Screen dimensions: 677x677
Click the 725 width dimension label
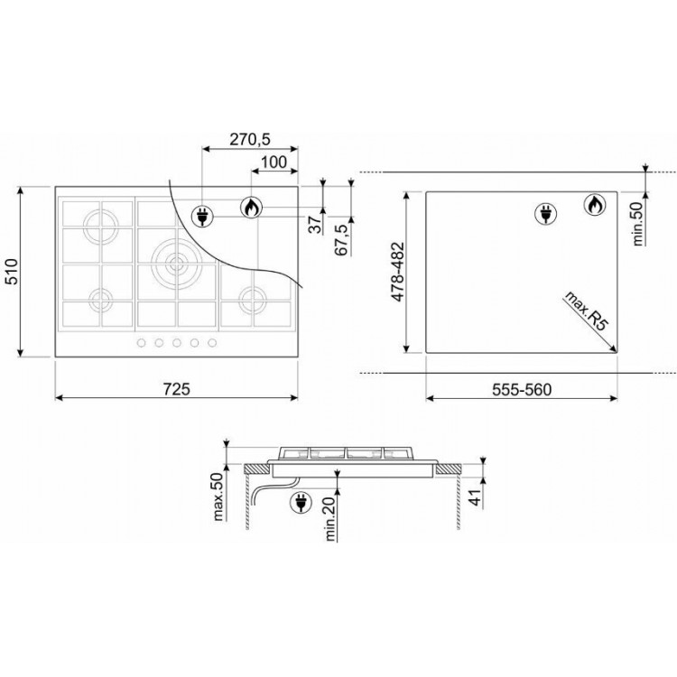tap(177, 388)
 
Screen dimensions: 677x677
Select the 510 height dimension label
tap(11, 272)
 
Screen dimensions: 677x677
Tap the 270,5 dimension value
tap(249, 139)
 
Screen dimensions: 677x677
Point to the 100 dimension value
tap(274, 162)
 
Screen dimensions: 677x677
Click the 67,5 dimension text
tap(342, 240)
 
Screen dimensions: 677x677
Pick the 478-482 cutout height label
tap(397, 272)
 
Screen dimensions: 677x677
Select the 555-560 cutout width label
tap(522, 389)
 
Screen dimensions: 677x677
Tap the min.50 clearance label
tap(637, 224)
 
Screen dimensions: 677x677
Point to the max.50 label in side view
tap(219, 496)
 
